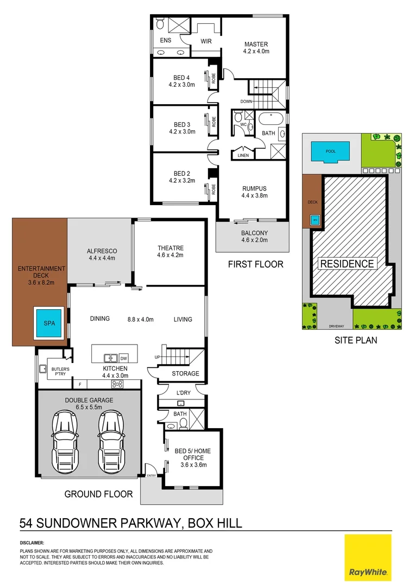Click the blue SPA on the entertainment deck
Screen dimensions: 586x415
coord(49,324)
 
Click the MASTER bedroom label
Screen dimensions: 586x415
coord(256,44)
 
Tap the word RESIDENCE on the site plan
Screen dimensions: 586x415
coord(347,264)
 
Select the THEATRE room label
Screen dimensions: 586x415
coord(171,249)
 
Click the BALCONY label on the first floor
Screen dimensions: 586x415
coord(254,234)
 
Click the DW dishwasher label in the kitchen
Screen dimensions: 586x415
coord(123,358)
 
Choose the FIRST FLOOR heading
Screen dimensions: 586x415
coord(256,265)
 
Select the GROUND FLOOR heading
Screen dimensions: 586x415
coord(98,494)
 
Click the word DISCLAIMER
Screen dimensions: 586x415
coord(32,543)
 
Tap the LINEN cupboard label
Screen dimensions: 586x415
coord(242,156)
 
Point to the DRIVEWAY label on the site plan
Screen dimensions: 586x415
coord(336,327)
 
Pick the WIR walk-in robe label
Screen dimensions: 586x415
coord(206,41)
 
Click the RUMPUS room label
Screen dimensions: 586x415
coord(254,188)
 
